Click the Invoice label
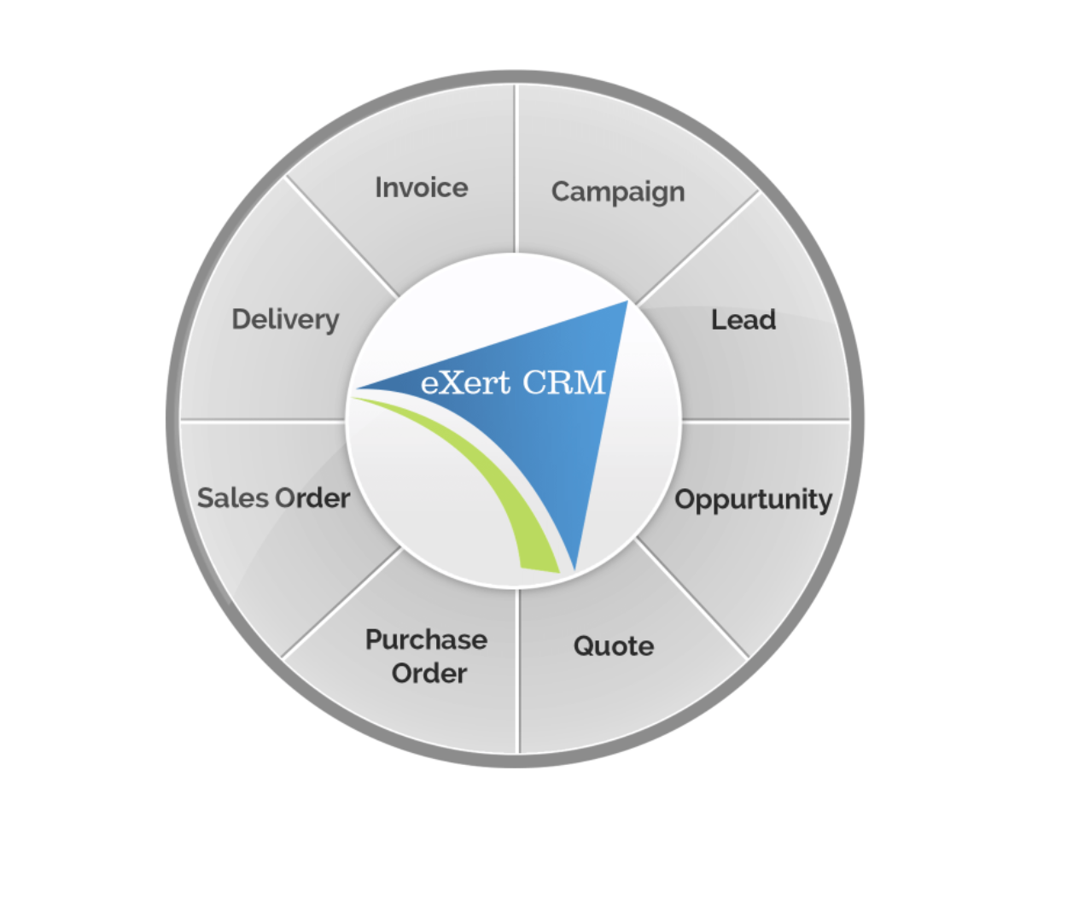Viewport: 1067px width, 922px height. pyautogui.click(x=422, y=188)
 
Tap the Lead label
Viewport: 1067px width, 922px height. pyautogui.click(x=743, y=320)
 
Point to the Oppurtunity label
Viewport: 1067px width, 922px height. pyautogui.click(x=753, y=500)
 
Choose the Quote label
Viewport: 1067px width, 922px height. pyautogui.click(x=614, y=646)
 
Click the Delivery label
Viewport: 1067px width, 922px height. pyautogui.click(x=285, y=320)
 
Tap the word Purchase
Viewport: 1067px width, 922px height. pyautogui.click(x=426, y=639)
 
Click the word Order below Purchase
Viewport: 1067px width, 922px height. pyautogui.click(x=429, y=674)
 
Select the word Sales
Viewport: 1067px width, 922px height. pyautogui.click(x=230, y=498)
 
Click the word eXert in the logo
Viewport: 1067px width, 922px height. pyautogui.click(x=465, y=382)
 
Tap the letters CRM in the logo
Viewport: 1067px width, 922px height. pyautogui.click(x=563, y=382)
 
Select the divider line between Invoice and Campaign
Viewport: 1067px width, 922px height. pyautogui.click(x=515, y=171)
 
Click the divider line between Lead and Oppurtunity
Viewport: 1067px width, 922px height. pyautogui.click(x=764, y=420)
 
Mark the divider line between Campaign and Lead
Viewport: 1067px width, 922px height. pyautogui.click(x=696, y=248)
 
